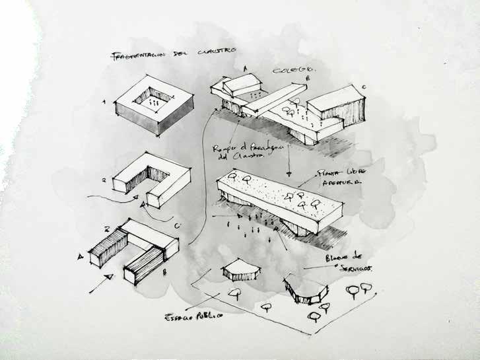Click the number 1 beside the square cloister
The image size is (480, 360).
tap(104, 102)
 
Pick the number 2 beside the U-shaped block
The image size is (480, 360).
tap(103, 178)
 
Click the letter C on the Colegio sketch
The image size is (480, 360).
tap(362, 87)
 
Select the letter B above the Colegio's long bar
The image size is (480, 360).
tap(307, 78)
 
